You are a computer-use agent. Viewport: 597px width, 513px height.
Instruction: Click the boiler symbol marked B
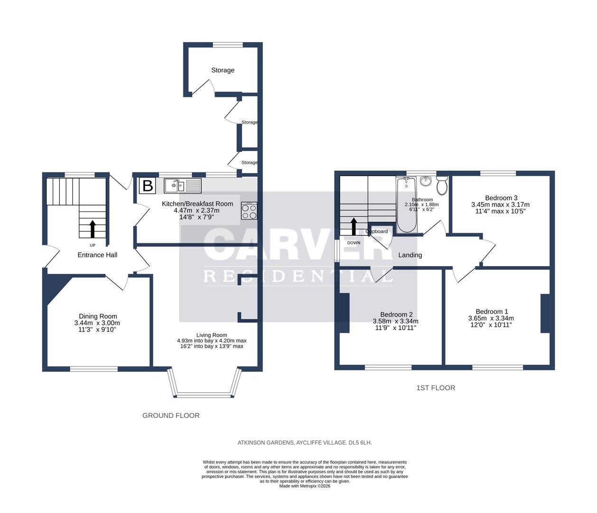click(147, 185)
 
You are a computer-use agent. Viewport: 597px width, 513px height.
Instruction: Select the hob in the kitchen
click(249, 211)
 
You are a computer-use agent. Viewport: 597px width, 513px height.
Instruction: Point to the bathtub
click(406, 205)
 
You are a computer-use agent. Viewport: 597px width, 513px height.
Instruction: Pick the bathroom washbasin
click(425, 180)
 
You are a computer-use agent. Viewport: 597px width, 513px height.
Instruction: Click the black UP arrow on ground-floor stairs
click(92, 228)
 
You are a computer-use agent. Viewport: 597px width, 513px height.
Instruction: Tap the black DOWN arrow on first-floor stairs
click(354, 227)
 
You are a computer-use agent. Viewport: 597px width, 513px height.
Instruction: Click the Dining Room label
click(98, 316)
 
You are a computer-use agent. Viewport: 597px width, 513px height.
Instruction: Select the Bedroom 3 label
click(501, 198)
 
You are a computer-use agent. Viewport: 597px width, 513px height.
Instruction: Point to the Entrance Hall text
click(97, 255)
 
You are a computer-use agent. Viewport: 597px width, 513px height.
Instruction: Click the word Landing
click(410, 255)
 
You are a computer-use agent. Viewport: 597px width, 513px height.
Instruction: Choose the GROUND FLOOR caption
click(171, 416)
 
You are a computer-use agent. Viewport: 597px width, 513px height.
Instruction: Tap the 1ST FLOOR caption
click(436, 388)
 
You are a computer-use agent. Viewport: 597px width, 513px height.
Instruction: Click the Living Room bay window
click(204, 394)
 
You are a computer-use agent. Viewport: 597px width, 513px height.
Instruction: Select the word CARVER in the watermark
click(298, 245)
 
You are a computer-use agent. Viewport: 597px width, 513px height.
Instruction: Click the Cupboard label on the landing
click(377, 231)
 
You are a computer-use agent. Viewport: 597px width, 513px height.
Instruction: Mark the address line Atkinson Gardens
click(305, 443)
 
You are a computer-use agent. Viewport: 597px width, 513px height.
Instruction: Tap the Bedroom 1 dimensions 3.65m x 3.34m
click(491, 318)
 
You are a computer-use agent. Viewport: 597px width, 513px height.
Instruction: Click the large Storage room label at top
click(223, 70)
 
